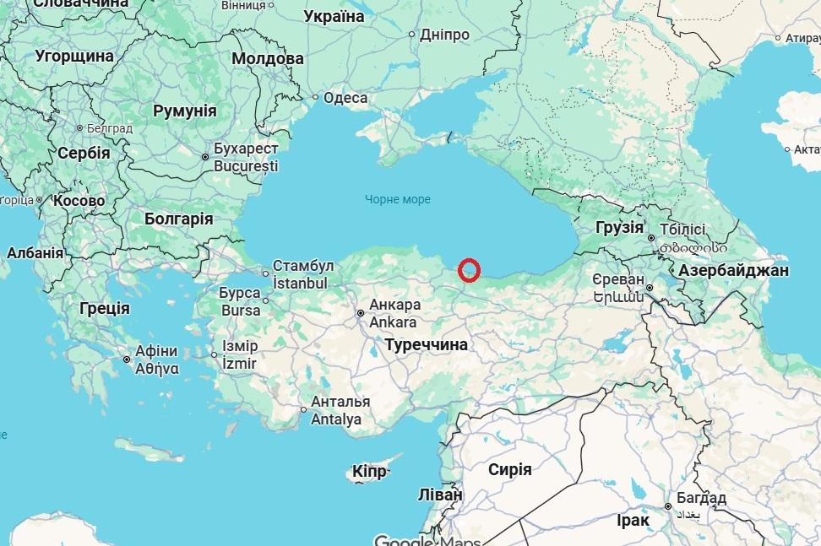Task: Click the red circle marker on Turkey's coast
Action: pos(470,270)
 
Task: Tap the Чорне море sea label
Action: pos(398,200)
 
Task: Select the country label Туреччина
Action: pos(426,344)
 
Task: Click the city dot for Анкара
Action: pos(361,313)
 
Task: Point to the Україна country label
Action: pos(334,17)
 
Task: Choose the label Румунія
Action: pos(184,111)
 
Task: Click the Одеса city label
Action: pos(345,98)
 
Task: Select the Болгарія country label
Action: pos(178,219)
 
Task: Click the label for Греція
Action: pos(105,308)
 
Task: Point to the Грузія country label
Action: pos(619,228)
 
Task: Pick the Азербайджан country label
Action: pos(732,270)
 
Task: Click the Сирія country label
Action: pos(510,469)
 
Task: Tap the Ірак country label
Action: pos(633,521)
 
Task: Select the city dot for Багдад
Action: pos(668,507)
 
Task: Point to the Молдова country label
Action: pos(268,59)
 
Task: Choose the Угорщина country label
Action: pos(74,56)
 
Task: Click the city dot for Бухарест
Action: pos(205,157)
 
